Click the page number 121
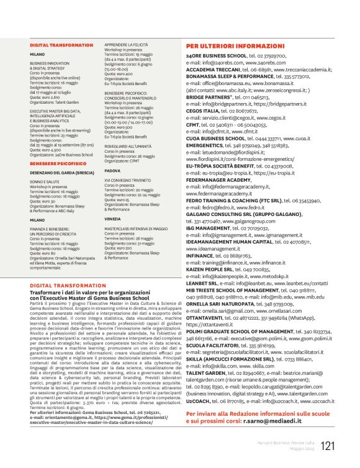pyautogui.click(x=328, y=446)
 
